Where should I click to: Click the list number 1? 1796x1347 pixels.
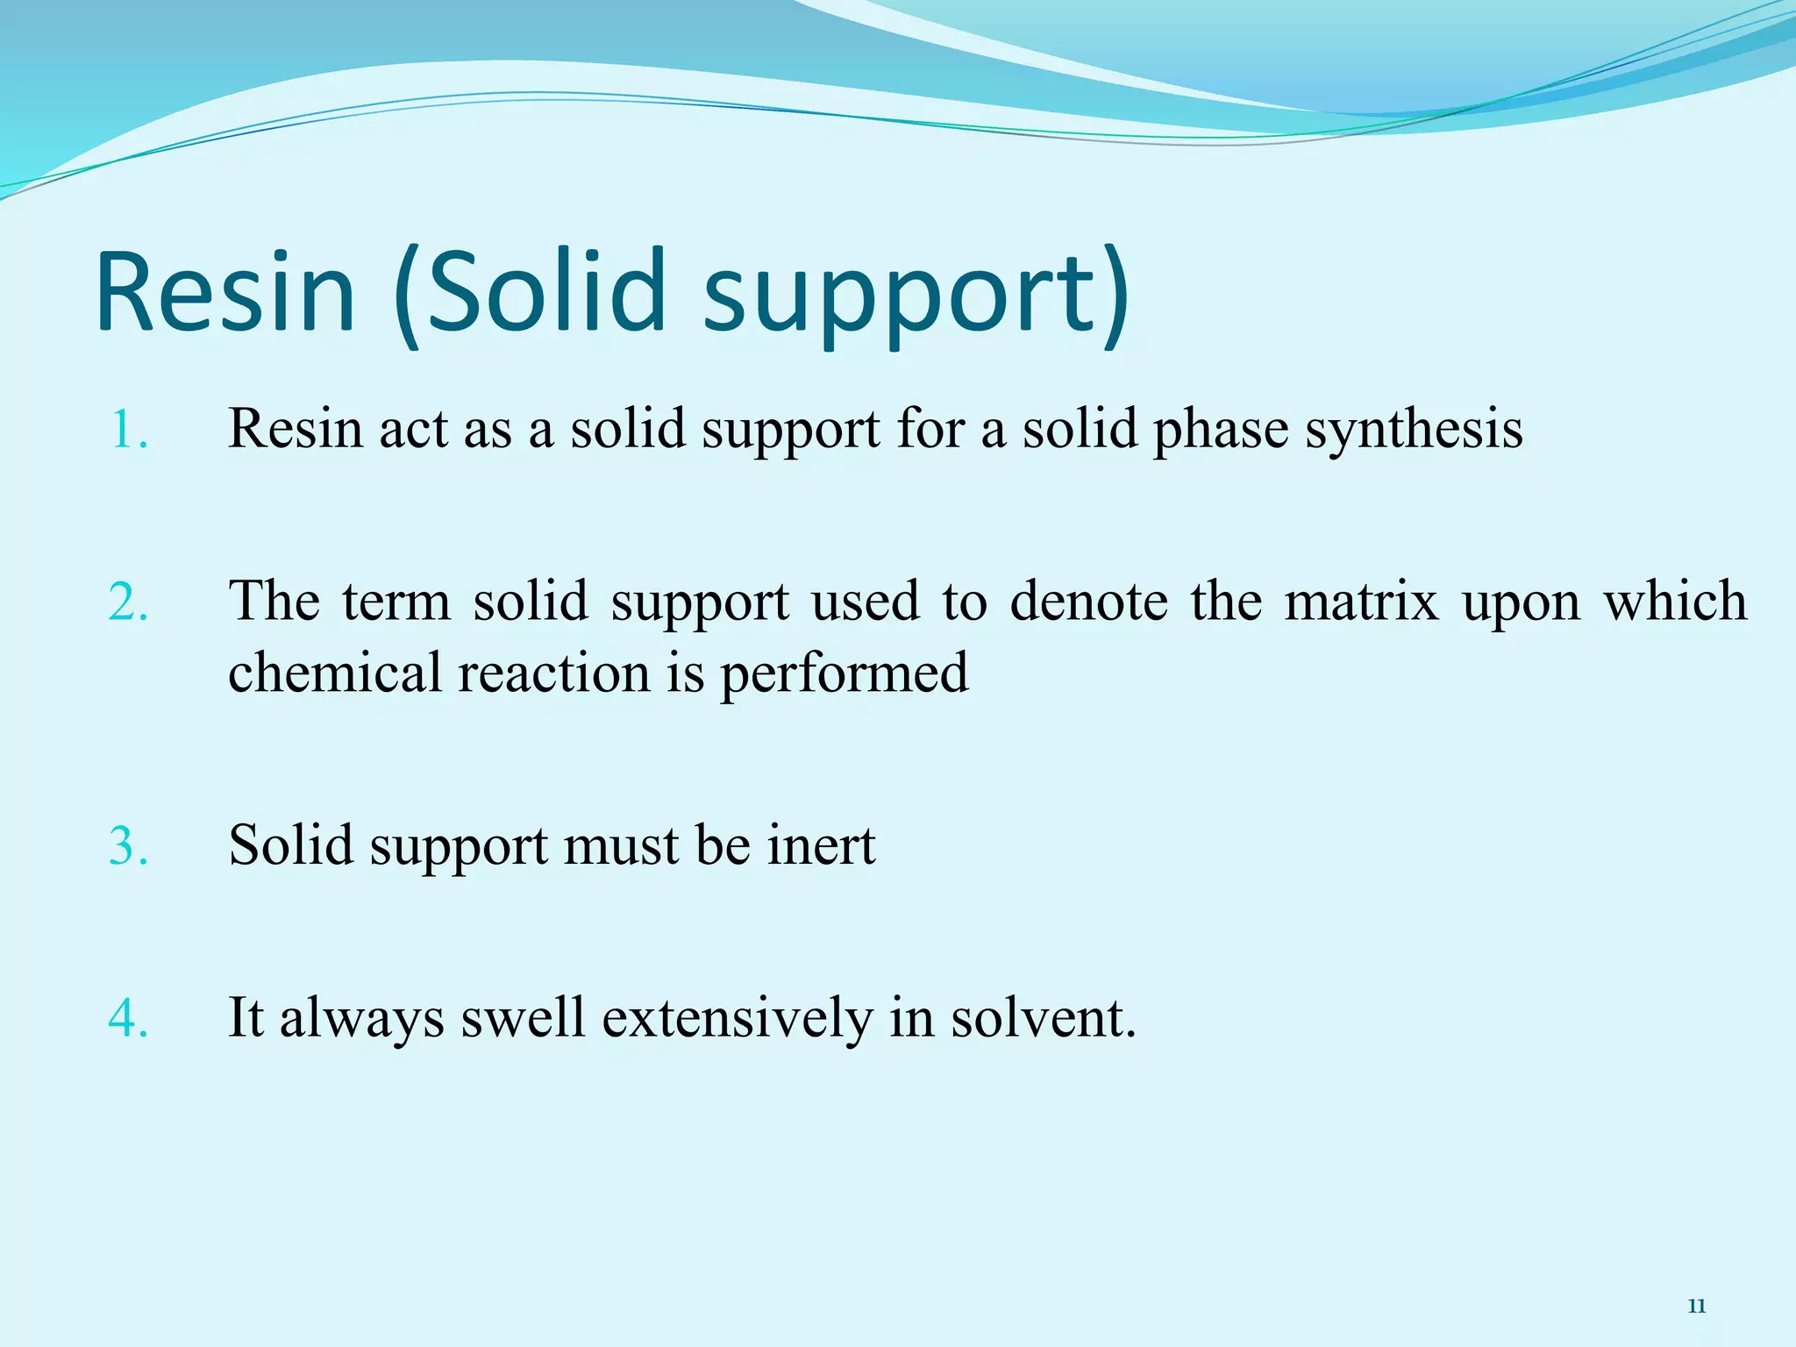click(x=128, y=430)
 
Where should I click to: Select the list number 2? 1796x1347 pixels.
click(x=128, y=602)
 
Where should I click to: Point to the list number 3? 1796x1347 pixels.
click(x=128, y=846)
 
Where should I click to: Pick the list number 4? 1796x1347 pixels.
click(x=128, y=1019)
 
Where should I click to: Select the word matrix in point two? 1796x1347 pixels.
click(x=1361, y=602)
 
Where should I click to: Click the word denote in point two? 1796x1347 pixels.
click(x=1088, y=602)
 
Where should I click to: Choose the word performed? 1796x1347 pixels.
click(x=845, y=674)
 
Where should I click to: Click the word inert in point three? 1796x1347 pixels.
click(x=821, y=845)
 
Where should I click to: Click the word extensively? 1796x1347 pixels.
click(x=738, y=1018)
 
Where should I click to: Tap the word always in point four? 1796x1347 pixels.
click(x=361, y=1020)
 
